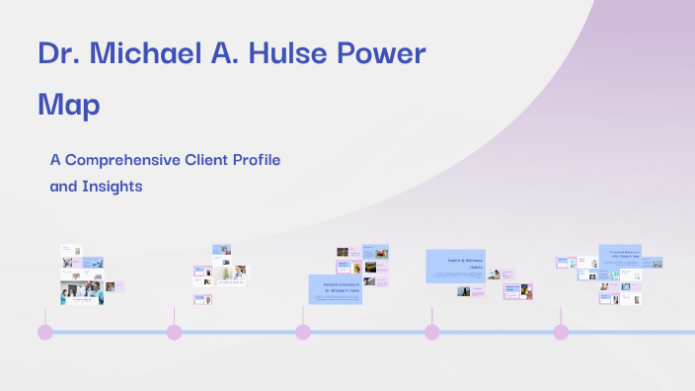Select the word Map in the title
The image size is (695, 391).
tap(69, 104)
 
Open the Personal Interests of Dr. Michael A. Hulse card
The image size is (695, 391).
tap(335, 289)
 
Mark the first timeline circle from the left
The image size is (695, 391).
tap(44, 332)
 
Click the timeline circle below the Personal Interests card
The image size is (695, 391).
tap(303, 332)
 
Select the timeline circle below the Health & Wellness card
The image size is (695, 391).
tap(431, 332)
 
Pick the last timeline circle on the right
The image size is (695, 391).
tap(561, 332)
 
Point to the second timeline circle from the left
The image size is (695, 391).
tap(174, 332)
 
